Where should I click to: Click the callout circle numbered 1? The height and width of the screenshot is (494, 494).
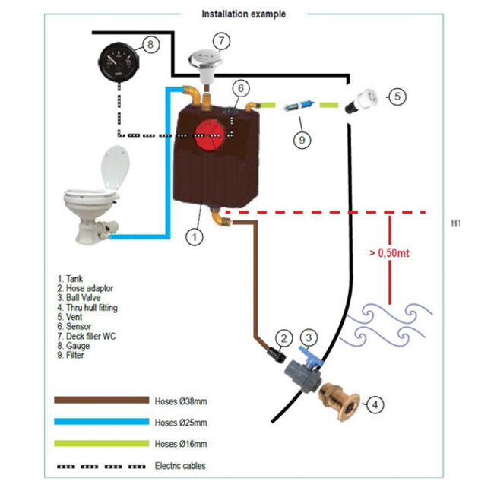pos(195,236)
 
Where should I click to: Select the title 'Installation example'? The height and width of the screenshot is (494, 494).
pos(243,14)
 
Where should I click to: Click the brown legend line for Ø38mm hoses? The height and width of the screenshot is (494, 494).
pos(100,399)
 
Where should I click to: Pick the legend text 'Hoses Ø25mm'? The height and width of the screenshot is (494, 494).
pos(180,422)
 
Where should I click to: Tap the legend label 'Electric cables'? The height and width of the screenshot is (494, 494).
pos(180,465)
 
